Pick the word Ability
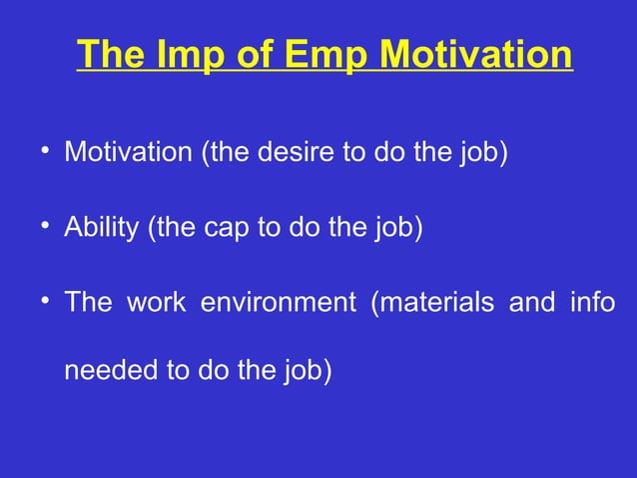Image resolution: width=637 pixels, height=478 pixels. (x=102, y=228)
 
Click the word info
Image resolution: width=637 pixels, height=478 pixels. (x=592, y=302)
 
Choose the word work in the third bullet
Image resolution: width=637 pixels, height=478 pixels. (x=156, y=302)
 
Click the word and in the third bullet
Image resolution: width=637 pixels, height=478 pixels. (x=530, y=302)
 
